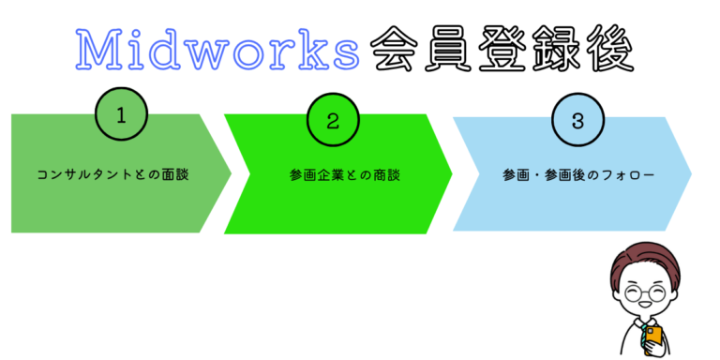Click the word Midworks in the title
coord(217,50)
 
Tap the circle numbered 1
coord(120,117)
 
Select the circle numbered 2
coord(332,120)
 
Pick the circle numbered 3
coord(577,120)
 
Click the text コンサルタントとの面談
coord(113,174)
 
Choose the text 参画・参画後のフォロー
coord(570,174)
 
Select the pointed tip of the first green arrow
coord(230,174)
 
